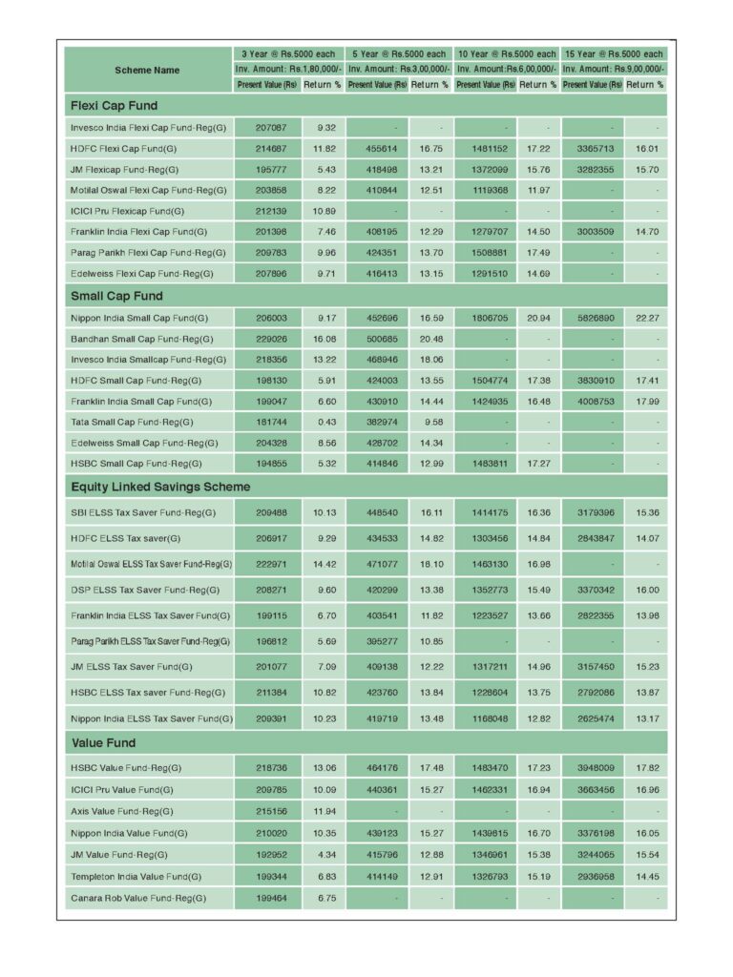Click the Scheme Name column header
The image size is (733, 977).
(x=147, y=70)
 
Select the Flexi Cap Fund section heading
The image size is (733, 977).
(x=114, y=106)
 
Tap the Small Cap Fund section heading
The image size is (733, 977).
(x=116, y=296)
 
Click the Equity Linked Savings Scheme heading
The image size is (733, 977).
(x=160, y=487)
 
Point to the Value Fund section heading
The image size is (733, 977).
(x=103, y=742)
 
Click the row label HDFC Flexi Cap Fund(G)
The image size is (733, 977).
(x=123, y=149)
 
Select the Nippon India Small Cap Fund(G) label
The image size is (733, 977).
(x=139, y=318)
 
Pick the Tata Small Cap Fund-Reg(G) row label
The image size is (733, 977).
(x=132, y=422)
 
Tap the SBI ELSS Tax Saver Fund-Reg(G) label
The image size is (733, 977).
(x=143, y=513)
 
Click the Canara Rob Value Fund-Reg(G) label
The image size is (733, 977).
(x=135, y=899)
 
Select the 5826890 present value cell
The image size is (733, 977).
(x=592, y=318)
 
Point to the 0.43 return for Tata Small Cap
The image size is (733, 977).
(x=324, y=422)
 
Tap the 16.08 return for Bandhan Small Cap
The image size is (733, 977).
(x=324, y=339)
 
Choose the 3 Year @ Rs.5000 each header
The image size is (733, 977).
(x=288, y=54)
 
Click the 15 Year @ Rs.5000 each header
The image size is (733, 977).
(x=614, y=54)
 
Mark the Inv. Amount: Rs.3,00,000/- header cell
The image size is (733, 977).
(x=398, y=70)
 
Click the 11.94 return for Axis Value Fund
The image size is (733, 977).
(x=324, y=811)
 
